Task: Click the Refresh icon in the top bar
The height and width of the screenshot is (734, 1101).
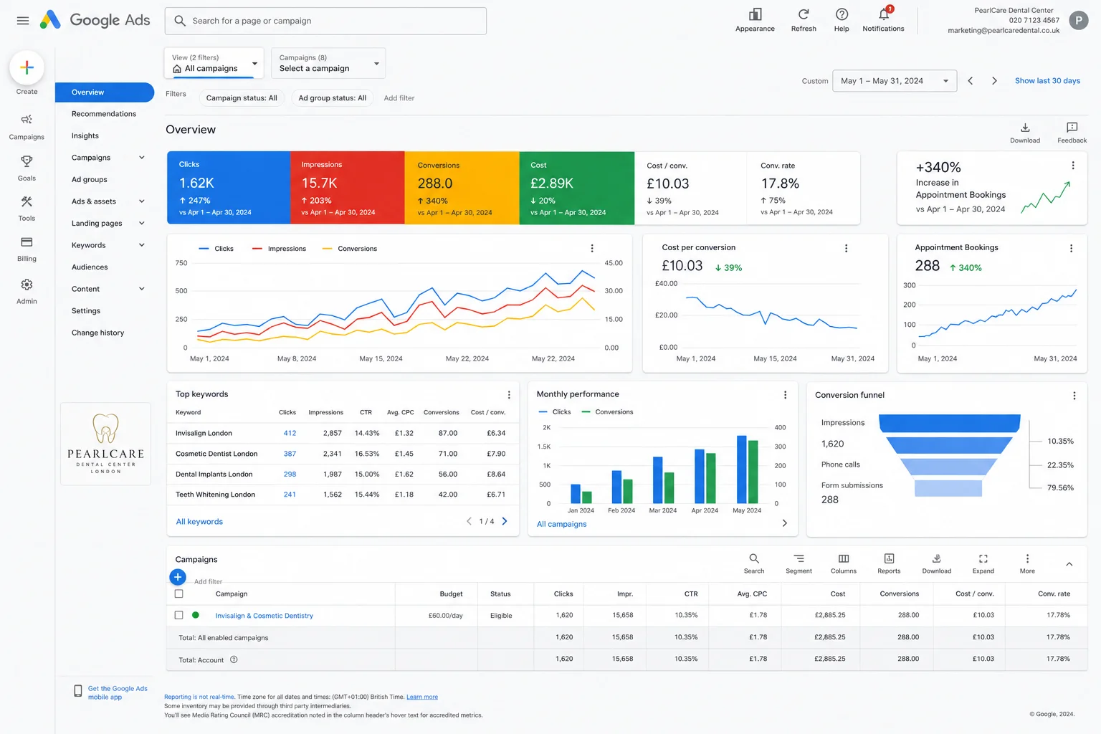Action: point(803,14)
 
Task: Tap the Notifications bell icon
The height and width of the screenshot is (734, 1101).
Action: point(883,14)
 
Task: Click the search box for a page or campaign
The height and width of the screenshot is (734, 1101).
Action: point(325,21)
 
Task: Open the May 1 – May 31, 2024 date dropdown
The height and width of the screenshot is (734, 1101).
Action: point(894,80)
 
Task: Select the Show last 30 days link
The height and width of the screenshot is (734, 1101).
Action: point(1047,80)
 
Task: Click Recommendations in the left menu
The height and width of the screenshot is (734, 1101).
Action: point(104,113)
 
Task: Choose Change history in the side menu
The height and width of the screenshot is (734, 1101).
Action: point(97,333)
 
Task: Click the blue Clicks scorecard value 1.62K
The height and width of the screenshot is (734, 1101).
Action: point(196,183)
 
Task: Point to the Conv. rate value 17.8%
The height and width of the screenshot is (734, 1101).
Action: point(780,183)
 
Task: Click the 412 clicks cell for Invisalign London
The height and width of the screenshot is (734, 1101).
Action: point(290,433)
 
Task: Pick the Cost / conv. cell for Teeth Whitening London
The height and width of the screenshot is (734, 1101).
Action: point(496,494)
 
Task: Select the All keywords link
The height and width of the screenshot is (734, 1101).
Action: point(199,521)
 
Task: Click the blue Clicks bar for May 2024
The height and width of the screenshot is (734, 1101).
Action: point(741,469)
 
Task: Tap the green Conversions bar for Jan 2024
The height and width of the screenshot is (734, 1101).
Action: point(586,497)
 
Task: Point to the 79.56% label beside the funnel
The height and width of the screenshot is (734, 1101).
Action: point(1060,487)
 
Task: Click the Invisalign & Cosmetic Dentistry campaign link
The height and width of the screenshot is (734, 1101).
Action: point(264,615)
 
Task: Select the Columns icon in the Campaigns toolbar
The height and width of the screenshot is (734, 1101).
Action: point(844,558)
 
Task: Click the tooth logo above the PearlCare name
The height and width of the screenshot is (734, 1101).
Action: point(105,428)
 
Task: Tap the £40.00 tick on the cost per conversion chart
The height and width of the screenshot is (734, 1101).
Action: point(666,283)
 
